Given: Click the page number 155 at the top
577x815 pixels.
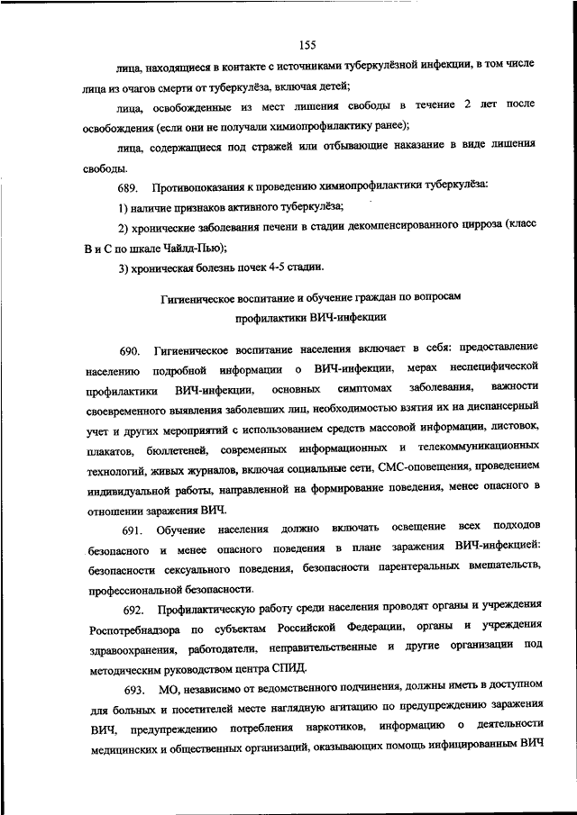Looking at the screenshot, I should (x=305, y=45).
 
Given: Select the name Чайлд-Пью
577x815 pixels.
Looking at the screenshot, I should (x=190, y=247).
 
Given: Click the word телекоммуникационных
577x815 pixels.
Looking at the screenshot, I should (x=478, y=448).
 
